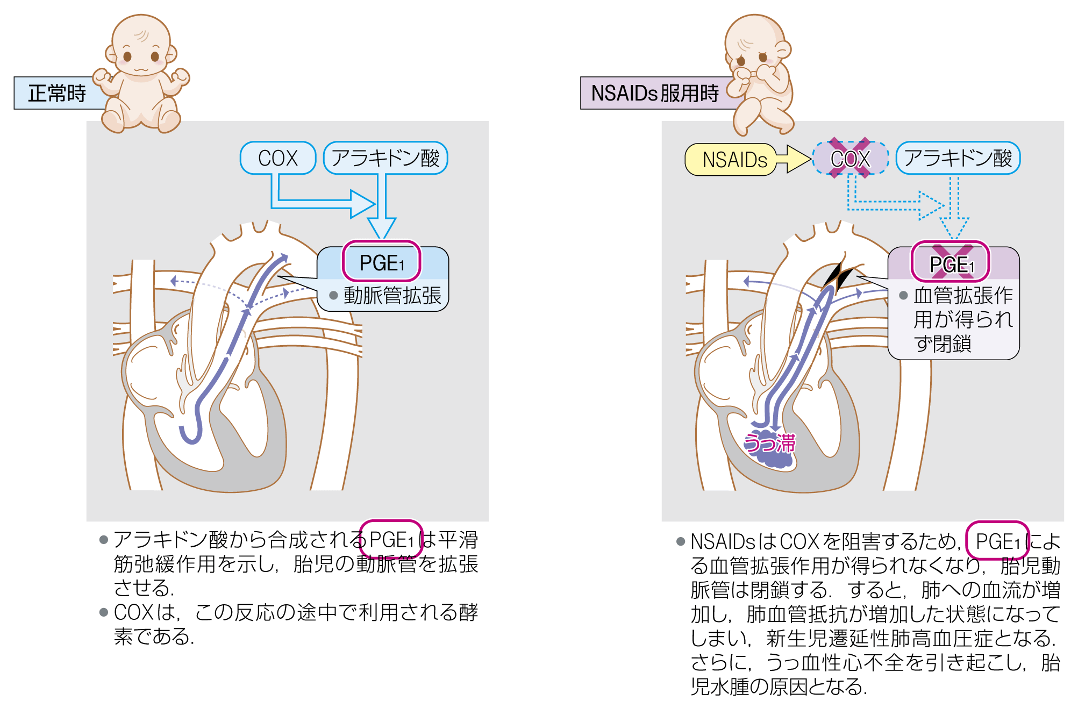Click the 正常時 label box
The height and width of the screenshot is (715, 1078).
[x=57, y=94]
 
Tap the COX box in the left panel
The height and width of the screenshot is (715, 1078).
[x=277, y=158]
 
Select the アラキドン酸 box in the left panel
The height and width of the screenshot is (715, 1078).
[x=385, y=158]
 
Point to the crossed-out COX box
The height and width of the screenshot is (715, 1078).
[x=850, y=159]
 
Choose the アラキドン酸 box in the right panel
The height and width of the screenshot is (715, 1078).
[x=958, y=158]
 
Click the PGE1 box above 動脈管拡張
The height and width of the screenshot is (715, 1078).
[x=382, y=262]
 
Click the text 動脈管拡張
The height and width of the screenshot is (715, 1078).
[x=392, y=296]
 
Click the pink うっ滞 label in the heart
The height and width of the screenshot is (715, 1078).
[x=769, y=444]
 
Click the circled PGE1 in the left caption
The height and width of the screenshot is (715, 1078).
[x=391, y=540]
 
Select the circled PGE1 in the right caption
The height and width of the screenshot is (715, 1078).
[x=997, y=541]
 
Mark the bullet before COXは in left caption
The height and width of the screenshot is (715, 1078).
[x=104, y=612]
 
